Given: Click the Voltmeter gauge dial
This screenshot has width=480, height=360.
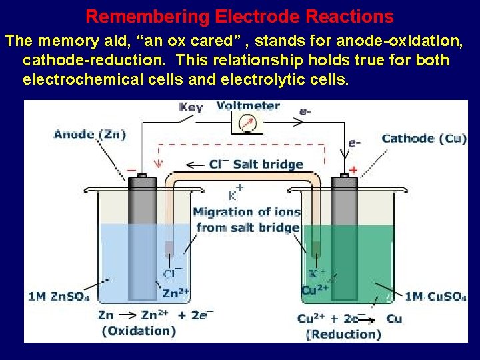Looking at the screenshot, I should coord(247,123).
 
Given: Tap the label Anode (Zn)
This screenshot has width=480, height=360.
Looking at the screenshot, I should coord(90,134).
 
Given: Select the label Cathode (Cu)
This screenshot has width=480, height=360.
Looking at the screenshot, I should coord(424,139).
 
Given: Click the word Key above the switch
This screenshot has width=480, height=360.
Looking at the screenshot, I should coord(191,107).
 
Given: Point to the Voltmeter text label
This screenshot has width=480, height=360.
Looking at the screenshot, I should coord(248,105).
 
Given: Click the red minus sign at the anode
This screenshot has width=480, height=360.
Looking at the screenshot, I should coord(132,169).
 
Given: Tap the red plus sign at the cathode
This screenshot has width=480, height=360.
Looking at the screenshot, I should coord(353,170).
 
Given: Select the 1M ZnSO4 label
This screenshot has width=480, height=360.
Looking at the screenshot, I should coord(59,296).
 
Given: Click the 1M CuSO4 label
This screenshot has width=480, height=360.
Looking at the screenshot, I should coord(435,297).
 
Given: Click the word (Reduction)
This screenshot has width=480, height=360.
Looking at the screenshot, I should coord(343,334).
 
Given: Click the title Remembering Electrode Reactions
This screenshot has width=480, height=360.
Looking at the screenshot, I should coord(239,16).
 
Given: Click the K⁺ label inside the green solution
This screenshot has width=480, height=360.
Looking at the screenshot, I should coord(317,273).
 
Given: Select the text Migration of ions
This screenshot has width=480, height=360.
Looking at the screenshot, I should coord(247,212).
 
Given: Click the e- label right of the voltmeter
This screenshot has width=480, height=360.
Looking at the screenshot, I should coord(305,112).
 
